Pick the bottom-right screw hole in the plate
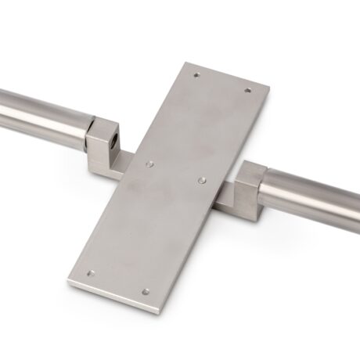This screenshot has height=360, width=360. pos(146,292)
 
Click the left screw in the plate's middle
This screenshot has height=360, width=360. pos(150,164)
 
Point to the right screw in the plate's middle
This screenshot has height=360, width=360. pos(202,179)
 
